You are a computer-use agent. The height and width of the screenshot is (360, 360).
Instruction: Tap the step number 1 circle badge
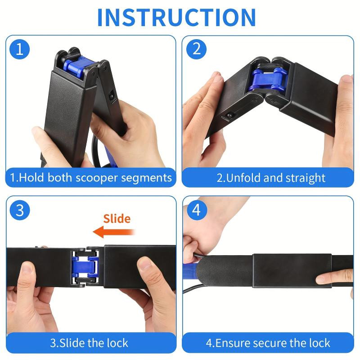pos(19,49)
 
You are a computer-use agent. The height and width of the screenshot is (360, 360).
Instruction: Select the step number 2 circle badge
pos(196,49)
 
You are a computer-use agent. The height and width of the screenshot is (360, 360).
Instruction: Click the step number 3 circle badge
pos(19,210)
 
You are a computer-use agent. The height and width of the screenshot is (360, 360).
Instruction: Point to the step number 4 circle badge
pos(196,210)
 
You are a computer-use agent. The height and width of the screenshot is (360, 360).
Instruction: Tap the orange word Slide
pos(117,219)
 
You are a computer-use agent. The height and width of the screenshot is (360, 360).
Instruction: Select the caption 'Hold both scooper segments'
pos(91,177)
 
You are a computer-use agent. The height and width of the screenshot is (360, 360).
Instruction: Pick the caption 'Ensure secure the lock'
pos(268,343)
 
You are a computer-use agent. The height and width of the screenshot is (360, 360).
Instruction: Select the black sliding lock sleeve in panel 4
pos(291,270)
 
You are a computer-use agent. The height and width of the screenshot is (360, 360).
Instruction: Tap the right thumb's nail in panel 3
pos(144,263)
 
